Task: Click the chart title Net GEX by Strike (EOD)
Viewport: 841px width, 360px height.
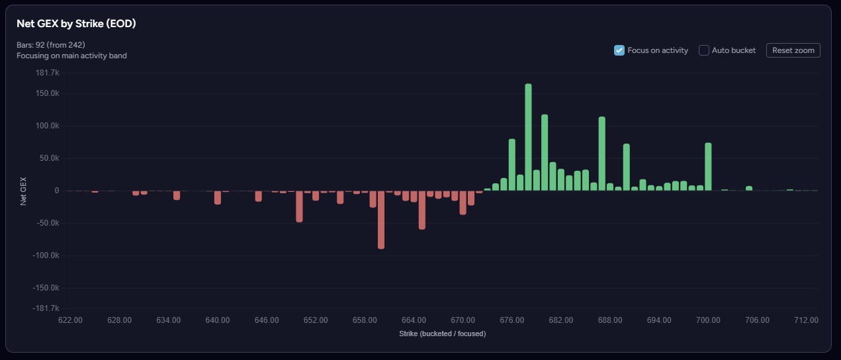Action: [x=76, y=23]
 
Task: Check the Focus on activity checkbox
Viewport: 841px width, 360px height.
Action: [x=619, y=50]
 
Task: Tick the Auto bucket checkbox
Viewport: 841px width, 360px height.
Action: [x=704, y=50]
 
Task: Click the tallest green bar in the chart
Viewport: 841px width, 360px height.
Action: [x=528, y=137]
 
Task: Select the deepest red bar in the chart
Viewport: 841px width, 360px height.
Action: [x=381, y=220]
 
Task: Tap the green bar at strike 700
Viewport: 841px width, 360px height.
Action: [x=708, y=167]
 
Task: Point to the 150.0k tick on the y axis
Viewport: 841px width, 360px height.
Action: [x=48, y=93]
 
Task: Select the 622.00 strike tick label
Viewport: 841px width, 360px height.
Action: [x=70, y=320]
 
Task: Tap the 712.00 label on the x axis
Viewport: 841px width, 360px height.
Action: [x=806, y=320]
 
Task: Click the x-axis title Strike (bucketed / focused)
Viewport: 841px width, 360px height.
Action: [x=442, y=334]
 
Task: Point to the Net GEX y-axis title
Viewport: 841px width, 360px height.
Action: [x=24, y=191]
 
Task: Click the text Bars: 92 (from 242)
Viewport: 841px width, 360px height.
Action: [x=50, y=45]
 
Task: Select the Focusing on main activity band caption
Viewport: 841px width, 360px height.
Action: [x=71, y=56]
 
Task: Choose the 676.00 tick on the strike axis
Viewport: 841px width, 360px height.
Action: [x=511, y=320]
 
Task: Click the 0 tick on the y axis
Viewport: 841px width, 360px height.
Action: [x=57, y=191]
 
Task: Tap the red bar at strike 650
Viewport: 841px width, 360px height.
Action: [x=299, y=206]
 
